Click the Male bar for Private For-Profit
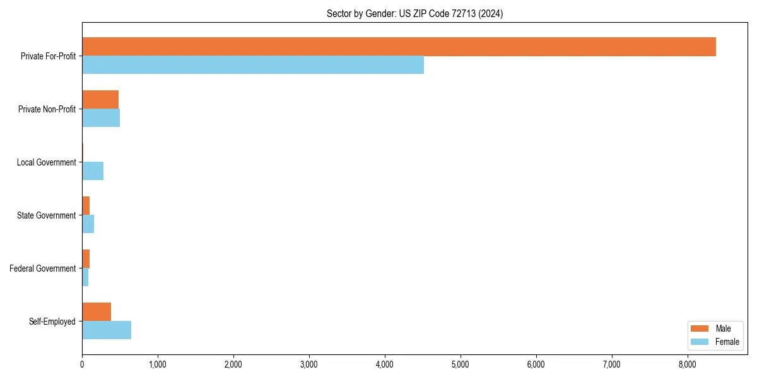(399, 47)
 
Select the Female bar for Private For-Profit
(252, 64)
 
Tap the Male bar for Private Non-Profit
(100, 100)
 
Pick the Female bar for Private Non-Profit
(101, 117)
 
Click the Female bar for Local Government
(93, 171)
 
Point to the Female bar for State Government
(88, 224)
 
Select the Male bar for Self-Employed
(97, 312)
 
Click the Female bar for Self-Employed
(107, 330)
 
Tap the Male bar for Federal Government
(86, 259)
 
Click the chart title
(414, 13)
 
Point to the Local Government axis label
(46, 162)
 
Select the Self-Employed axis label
(52, 322)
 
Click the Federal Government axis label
(42, 268)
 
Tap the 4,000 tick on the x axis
(384, 364)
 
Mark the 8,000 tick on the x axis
(687, 364)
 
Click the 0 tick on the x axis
(82, 364)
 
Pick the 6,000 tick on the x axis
(536, 364)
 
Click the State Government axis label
(46, 215)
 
